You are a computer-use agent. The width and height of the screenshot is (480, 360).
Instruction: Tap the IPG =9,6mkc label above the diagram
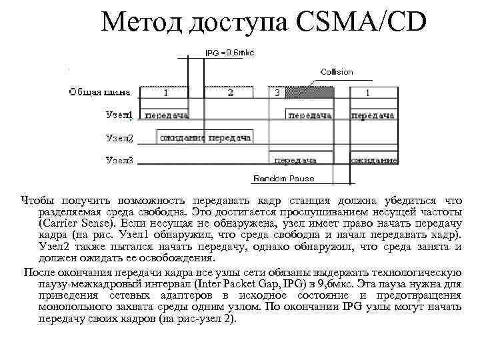[229, 52]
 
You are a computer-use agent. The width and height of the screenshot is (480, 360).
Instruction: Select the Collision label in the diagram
[337, 71]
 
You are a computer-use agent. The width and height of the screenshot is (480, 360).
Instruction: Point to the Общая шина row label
[100, 92]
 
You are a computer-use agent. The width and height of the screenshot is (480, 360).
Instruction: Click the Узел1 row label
[119, 115]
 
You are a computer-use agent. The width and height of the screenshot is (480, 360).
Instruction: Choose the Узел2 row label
[119, 138]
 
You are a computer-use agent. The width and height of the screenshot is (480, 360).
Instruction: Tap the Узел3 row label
[119, 160]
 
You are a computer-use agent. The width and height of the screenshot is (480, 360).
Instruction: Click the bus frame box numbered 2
[230, 93]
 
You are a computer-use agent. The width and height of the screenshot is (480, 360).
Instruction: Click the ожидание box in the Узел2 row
[182, 138]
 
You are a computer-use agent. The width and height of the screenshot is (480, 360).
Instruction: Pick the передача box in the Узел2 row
[229, 138]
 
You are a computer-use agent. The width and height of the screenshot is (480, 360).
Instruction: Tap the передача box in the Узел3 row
[295, 160]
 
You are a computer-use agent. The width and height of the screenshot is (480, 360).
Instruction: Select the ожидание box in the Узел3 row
[374, 160]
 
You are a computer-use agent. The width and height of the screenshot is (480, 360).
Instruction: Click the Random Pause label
[283, 179]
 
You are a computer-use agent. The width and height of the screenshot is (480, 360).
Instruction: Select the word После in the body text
[41, 273]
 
